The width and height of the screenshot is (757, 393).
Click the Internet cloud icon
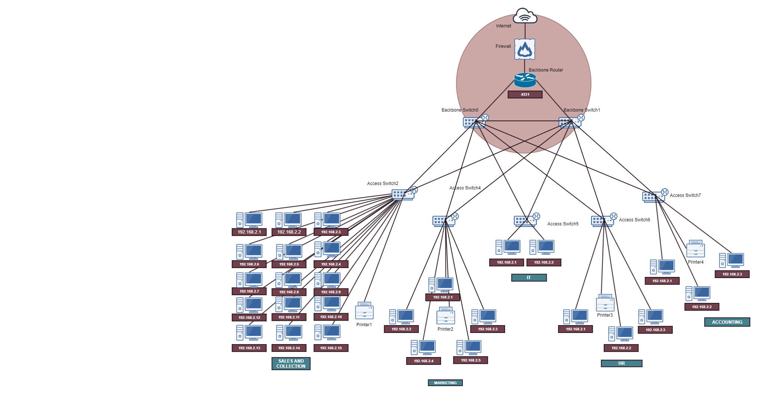[525, 16]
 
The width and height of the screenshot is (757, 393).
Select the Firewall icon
[524, 49]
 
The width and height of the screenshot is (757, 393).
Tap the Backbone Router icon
[525, 80]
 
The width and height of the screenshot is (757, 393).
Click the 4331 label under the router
[525, 95]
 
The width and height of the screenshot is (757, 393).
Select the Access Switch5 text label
[563, 224]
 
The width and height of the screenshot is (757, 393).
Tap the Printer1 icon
[364, 311]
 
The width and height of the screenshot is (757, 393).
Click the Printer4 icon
[695, 249]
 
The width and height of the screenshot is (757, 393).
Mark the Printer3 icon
[605, 303]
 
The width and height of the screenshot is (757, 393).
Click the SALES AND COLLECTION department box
[291, 364]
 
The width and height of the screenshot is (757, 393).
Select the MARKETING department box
[445, 383]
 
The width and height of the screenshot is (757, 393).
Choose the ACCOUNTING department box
[727, 322]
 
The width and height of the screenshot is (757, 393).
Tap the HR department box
[621, 363]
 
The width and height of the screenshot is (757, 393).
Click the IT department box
[529, 278]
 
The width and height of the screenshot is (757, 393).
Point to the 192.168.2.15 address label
[331, 348]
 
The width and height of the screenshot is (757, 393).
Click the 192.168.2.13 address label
[249, 348]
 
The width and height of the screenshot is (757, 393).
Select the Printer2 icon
[445, 316]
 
